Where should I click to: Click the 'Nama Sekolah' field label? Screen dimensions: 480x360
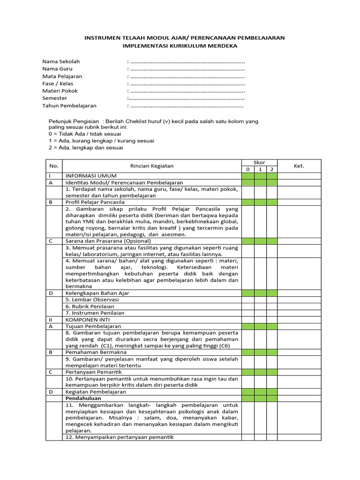(x=61, y=61)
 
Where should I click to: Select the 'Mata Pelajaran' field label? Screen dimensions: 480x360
(x=62, y=76)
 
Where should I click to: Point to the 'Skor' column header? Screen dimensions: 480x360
(x=259, y=163)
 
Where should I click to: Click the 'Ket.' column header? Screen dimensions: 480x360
(x=299, y=166)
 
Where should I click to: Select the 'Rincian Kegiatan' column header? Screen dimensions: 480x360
(x=151, y=166)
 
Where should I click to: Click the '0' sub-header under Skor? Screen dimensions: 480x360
(x=247, y=169)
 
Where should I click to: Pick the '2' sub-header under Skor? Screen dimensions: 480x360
(x=271, y=169)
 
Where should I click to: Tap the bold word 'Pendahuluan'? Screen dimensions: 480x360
(x=83, y=398)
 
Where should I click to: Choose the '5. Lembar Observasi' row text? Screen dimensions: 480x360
(x=92, y=300)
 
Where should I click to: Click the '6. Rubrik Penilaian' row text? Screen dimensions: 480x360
(x=91, y=306)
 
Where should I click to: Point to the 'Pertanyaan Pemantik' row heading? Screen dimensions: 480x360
(x=91, y=372)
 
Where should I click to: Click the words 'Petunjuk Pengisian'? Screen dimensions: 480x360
(x=74, y=121)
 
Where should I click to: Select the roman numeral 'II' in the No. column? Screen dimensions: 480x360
(x=51, y=319)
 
